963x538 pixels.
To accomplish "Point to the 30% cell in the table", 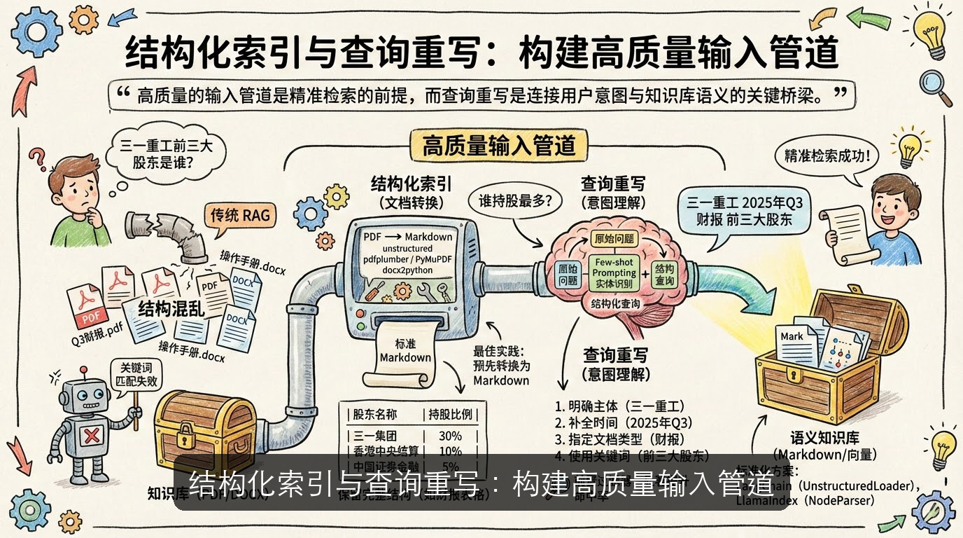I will click(450, 436).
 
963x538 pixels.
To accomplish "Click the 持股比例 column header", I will click(450, 413).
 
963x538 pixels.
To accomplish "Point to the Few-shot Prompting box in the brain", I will click(614, 273).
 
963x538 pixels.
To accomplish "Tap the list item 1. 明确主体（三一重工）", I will click(619, 406).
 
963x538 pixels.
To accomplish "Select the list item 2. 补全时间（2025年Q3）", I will click(619, 423).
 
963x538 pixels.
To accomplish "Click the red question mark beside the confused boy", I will click(36, 159).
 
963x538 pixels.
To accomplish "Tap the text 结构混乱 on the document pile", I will click(171, 309).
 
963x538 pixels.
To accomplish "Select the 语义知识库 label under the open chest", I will click(824, 439).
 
